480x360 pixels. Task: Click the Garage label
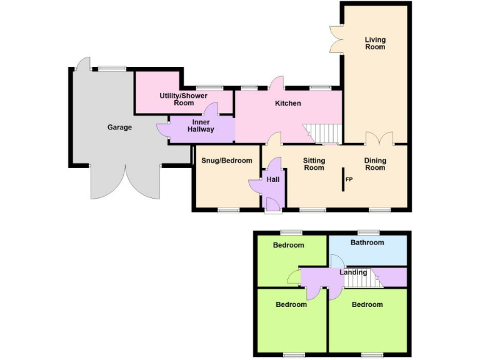pos(119,127)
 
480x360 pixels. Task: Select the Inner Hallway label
pos(201,126)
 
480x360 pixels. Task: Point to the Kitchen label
pos(288,103)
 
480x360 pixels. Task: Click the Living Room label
pos(375,43)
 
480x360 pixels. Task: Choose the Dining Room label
pos(375,164)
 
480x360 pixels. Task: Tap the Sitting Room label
pos(314,164)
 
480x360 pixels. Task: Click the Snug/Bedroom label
pos(226,161)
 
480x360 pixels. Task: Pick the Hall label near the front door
pos(273,179)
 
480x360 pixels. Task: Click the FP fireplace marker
pos(349,180)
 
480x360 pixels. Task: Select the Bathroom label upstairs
pos(367,242)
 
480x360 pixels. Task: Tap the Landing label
pos(353,272)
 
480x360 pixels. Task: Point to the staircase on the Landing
pos(361,279)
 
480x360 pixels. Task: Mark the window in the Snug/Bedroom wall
pos(229,211)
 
